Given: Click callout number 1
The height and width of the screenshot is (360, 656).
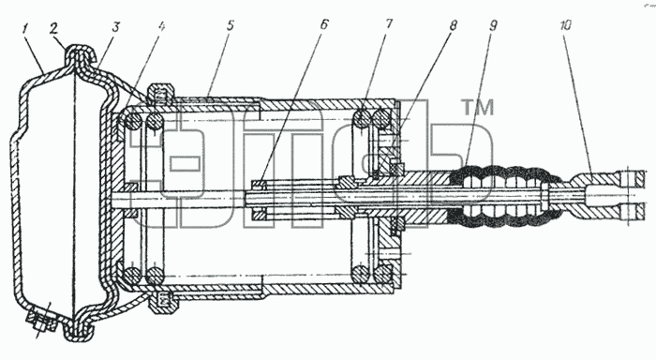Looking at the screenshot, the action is pyautogui.click(x=25, y=30).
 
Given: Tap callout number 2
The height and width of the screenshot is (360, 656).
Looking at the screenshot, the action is pyautogui.click(x=53, y=28).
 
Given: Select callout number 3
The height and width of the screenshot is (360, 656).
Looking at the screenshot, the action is pyautogui.click(x=115, y=27).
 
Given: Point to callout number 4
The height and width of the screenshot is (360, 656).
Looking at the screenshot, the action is pyautogui.click(x=162, y=26).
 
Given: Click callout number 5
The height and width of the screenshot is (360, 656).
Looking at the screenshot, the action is pyautogui.click(x=230, y=25).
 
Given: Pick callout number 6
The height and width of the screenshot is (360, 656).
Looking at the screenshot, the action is pyautogui.click(x=324, y=24).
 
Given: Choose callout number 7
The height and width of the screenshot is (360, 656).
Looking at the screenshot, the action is pyautogui.click(x=389, y=23).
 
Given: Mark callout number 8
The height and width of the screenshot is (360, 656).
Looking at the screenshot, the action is pyautogui.click(x=453, y=24).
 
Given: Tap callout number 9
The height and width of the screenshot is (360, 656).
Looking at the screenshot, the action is pyautogui.click(x=493, y=25).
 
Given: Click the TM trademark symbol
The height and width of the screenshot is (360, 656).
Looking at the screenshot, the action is pyautogui.click(x=478, y=107).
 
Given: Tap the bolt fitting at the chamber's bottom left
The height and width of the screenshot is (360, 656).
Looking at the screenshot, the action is pyautogui.click(x=41, y=322).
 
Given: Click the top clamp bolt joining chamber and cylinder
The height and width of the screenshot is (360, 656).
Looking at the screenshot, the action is pyautogui.click(x=161, y=94).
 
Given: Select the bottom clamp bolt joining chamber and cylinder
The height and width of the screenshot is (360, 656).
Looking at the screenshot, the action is pyautogui.click(x=161, y=302).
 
